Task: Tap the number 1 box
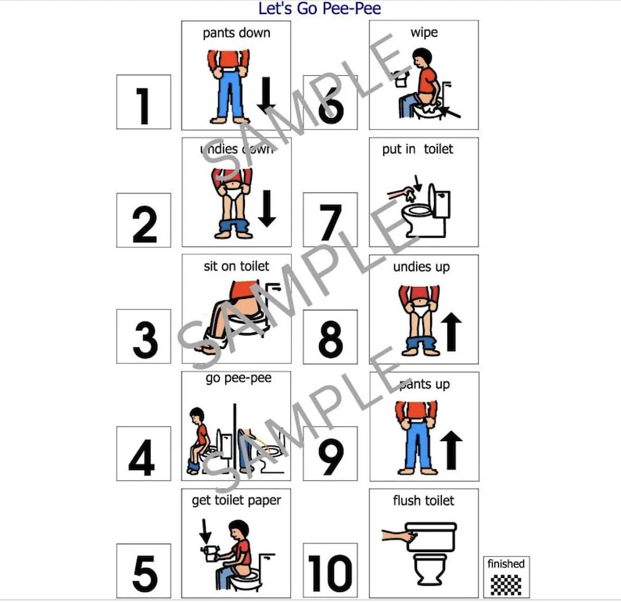143,102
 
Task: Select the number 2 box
143,221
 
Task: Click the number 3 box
143,337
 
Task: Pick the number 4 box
143,454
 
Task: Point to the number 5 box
143,571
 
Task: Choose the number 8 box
330,337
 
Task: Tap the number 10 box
330,571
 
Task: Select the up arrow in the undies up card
451,330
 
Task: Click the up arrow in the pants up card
451,448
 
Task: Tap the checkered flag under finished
506,583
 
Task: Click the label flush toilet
423,501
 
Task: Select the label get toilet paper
236,501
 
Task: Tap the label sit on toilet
236,267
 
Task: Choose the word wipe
423,33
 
